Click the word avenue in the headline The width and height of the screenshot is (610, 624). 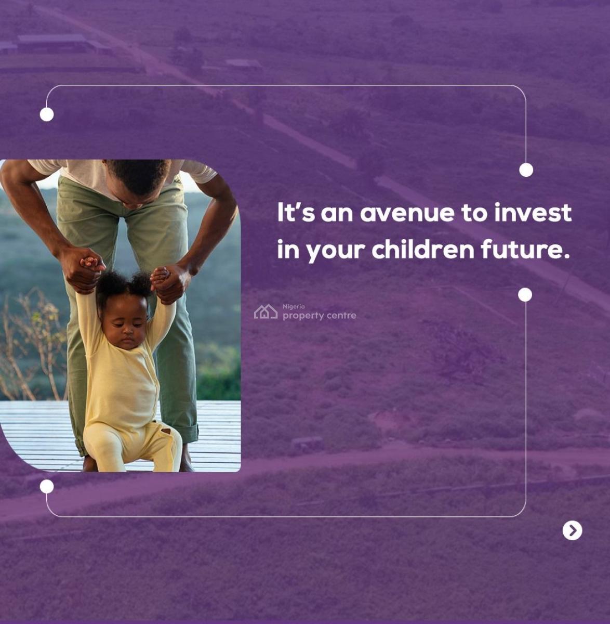(407, 213)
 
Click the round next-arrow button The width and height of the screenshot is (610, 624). (572, 530)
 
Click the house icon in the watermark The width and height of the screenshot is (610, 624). (266, 311)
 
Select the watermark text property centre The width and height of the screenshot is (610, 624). (319, 316)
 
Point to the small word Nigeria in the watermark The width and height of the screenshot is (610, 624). (294, 307)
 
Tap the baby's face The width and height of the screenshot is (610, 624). (124, 323)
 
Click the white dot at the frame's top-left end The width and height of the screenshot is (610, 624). (47, 114)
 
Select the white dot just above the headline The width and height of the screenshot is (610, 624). (526, 170)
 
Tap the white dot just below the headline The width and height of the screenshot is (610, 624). (525, 295)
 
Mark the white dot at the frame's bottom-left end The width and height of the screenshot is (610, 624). (47, 486)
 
